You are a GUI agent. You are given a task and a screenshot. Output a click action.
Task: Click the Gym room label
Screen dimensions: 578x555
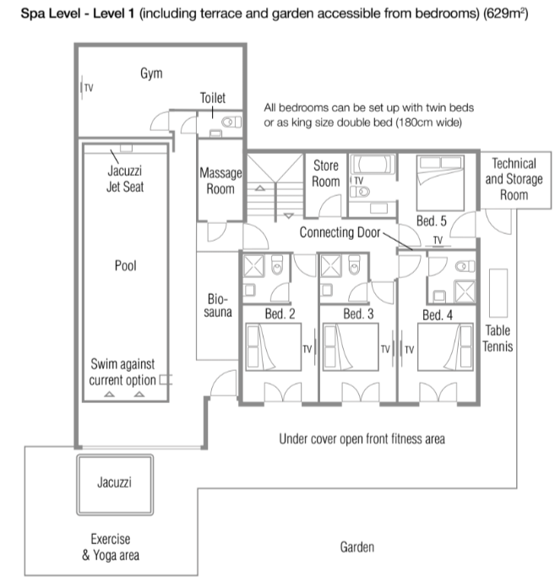(151, 74)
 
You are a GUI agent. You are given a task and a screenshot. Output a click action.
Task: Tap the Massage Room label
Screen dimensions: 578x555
(220, 181)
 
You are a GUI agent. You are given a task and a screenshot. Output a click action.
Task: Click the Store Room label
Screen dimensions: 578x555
(326, 173)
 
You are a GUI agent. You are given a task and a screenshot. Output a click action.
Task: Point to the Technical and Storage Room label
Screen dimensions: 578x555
(514, 179)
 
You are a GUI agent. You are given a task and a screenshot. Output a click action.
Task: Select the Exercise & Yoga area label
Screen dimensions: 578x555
(110, 548)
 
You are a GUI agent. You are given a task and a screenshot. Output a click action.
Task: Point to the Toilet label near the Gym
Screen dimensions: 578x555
(213, 97)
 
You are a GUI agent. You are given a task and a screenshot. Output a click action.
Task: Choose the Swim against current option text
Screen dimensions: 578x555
(123, 372)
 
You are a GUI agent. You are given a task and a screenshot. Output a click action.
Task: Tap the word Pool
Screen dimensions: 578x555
(125, 265)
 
